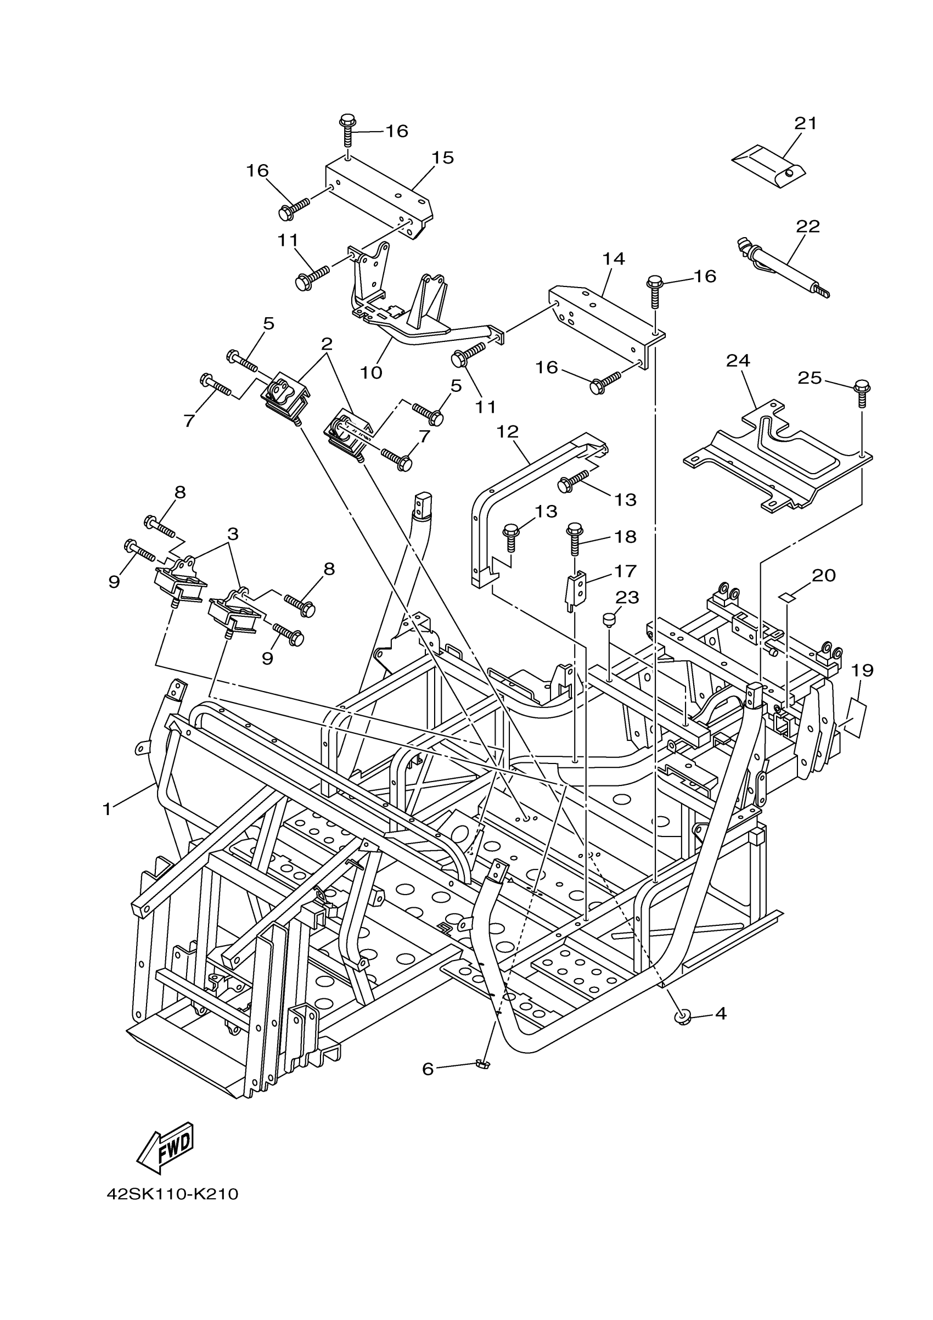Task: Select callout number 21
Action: coord(805,123)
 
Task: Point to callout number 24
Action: coord(738,361)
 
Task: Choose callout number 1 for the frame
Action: coord(107,809)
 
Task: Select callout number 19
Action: coord(862,670)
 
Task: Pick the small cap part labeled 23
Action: coord(608,620)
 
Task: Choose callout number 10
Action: coord(372,373)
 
